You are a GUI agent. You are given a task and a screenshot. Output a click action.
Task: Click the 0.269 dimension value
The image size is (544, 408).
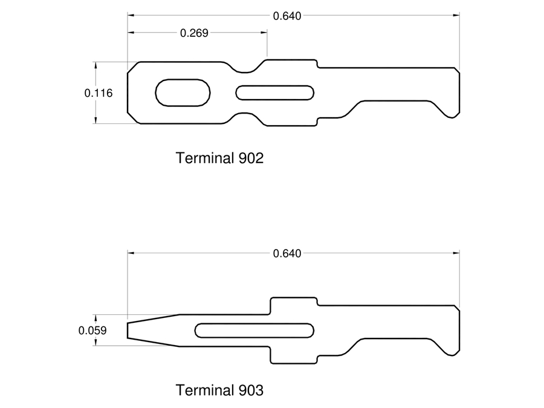click(194, 33)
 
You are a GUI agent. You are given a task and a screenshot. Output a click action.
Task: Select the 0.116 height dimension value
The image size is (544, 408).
click(99, 93)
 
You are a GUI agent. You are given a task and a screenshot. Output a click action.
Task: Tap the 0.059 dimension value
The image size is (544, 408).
click(92, 330)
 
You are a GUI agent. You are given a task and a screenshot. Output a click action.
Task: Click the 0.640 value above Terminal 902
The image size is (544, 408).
click(287, 16)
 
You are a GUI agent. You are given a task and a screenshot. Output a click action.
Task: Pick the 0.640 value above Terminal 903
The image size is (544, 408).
click(287, 254)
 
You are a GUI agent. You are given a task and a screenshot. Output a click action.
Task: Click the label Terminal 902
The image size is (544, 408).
click(219, 158)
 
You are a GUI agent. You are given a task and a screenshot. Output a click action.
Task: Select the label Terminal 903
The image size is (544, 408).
click(219, 390)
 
